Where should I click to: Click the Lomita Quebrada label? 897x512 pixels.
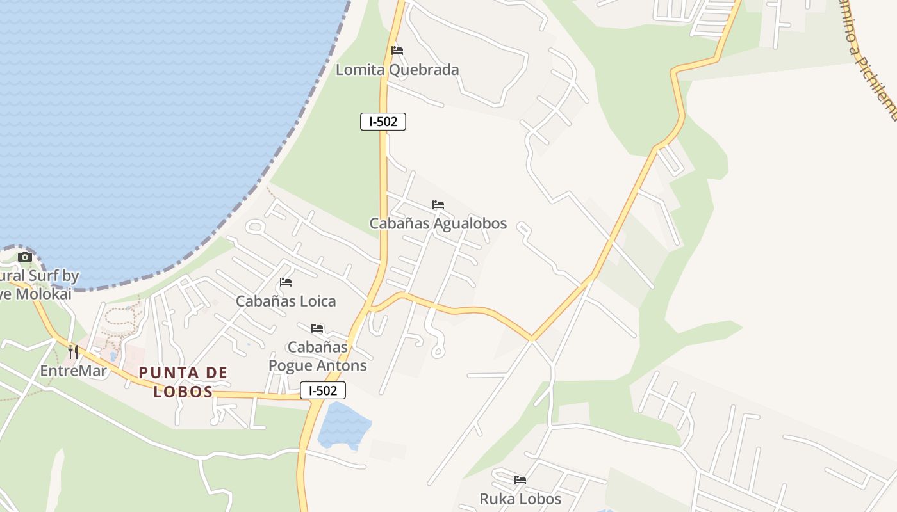coord(397,70)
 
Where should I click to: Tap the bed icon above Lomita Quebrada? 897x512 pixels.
coord(397,50)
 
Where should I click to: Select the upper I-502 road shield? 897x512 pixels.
coord(383,122)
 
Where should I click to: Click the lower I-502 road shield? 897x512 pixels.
coord(323,390)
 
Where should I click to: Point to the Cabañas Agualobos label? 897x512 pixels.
coord(438,223)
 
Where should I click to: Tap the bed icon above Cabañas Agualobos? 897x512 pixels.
coord(438,205)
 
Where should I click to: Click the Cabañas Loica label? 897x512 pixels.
coord(286,301)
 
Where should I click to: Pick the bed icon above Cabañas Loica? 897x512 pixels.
coord(286,282)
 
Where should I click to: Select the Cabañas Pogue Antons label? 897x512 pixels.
coord(318,356)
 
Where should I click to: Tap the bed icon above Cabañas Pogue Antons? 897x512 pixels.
coord(317,328)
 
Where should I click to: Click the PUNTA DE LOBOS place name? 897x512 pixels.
coord(183,381)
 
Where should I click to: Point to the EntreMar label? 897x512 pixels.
coord(73,371)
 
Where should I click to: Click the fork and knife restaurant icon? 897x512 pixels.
coord(73,351)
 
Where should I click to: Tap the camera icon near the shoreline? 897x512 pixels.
coord(25,257)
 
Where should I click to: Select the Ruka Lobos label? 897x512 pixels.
coord(520,499)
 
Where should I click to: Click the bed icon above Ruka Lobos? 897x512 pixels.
coord(520,479)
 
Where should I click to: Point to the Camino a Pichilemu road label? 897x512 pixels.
coord(869,58)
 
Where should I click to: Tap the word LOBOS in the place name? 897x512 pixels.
coord(183,392)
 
